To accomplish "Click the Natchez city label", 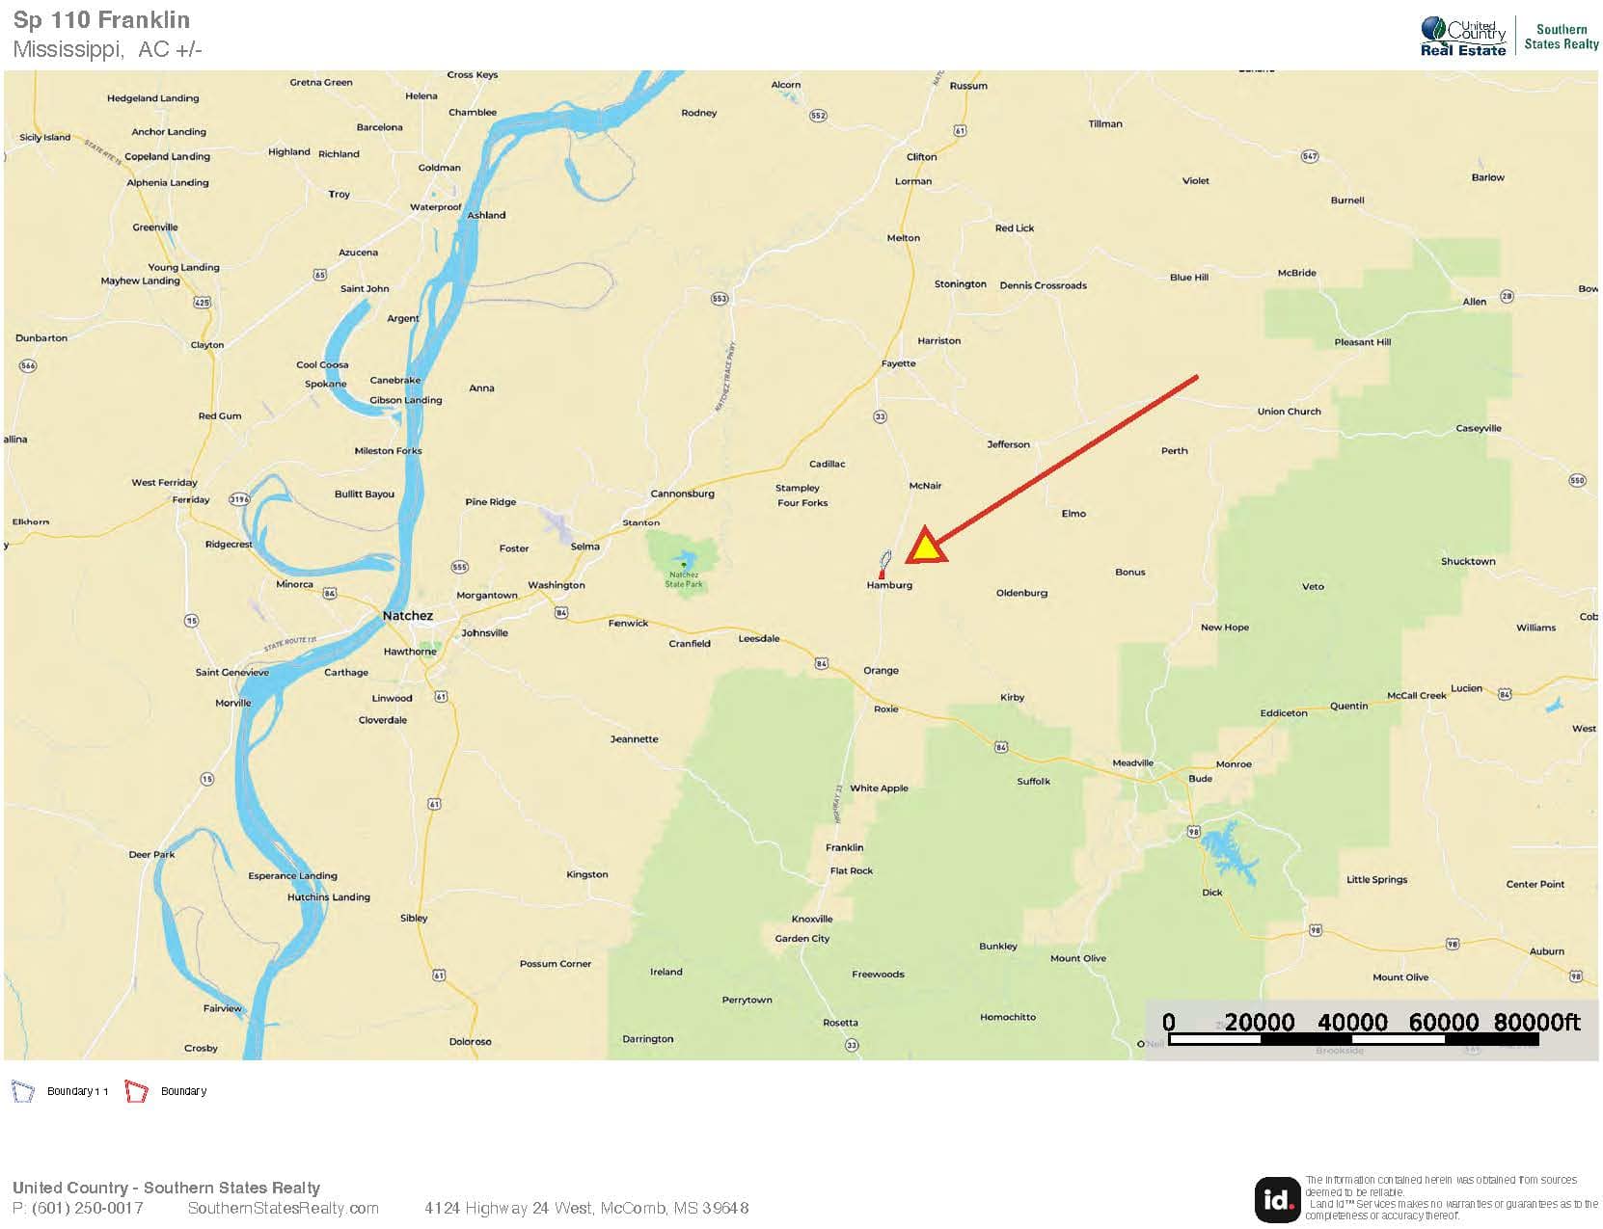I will [407, 616].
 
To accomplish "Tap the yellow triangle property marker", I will [925, 547].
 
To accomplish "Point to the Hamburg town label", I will [888, 585].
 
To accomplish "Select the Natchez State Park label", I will [683, 579].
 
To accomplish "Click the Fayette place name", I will [898, 363].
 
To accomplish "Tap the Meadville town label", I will [1132, 763].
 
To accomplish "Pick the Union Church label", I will [1289, 412].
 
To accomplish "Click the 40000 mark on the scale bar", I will [1352, 1023].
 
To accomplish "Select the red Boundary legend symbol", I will [136, 1091].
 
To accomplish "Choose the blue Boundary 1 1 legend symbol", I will [22, 1091].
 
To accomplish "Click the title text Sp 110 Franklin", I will [101, 20].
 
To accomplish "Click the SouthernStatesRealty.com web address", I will [283, 1209].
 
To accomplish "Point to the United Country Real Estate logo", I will [1462, 37].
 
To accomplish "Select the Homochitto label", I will [1007, 1017].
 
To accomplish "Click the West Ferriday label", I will [164, 483].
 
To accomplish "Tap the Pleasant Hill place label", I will [1362, 342].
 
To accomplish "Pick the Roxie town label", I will [885, 709].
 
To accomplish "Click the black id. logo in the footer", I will [1276, 1198].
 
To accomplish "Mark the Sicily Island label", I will [45, 138].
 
